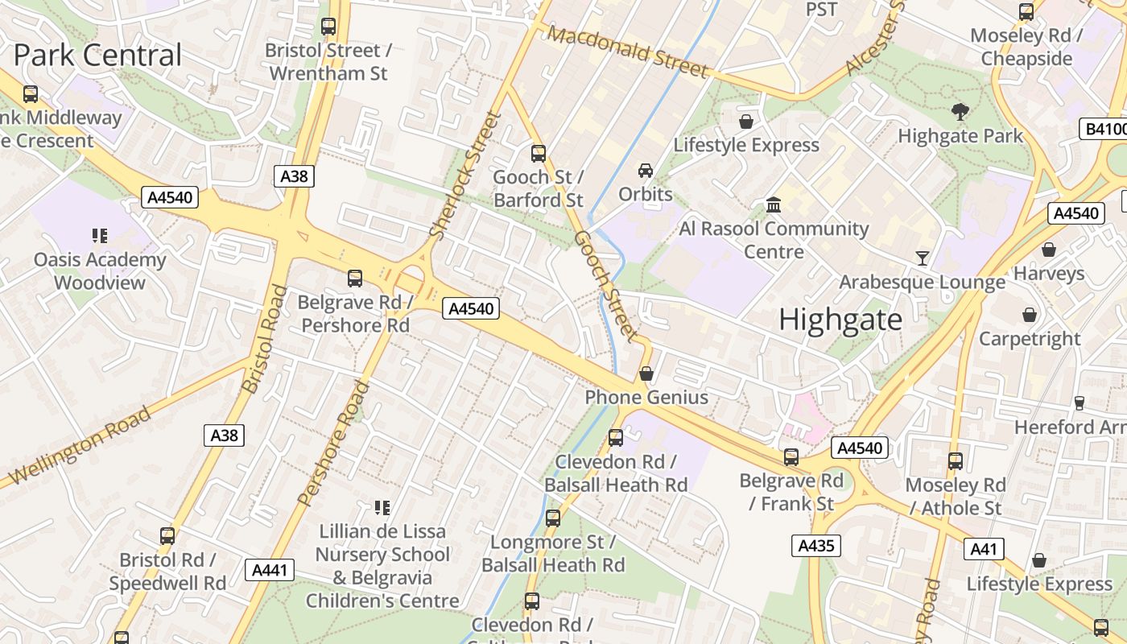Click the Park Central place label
(97, 56)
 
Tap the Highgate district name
(840, 320)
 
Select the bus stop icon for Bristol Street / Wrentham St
(328, 26)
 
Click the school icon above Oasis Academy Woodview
(100, 236)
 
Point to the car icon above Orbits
(646, 171)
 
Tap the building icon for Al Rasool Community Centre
(774, 204)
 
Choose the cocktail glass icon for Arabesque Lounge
(923, 258)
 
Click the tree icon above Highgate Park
(960, 112)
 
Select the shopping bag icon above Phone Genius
(646, 374)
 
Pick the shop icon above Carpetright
(1030, 315)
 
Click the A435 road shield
(815, 546)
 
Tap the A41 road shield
(983, 549)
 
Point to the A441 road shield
(269, 571)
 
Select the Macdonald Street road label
(629, 52)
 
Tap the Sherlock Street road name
(466, 175)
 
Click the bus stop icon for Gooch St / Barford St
(539, 153)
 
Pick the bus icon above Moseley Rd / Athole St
(956, 461)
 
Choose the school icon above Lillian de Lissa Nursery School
(382, 508)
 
